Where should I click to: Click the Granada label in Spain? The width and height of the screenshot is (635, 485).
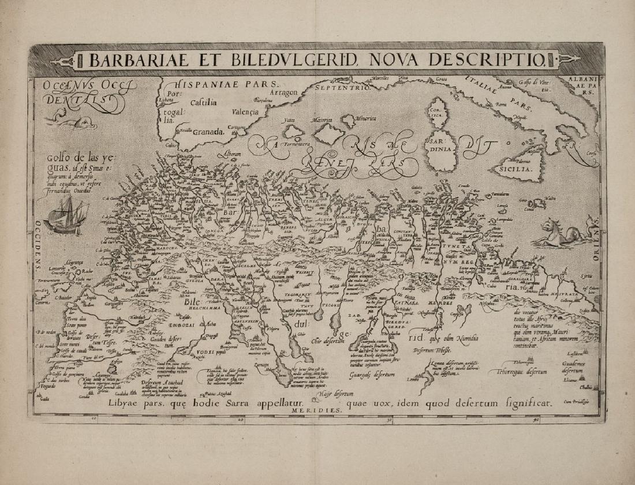coord(208,131)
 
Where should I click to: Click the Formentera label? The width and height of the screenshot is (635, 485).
coord(297,143)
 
